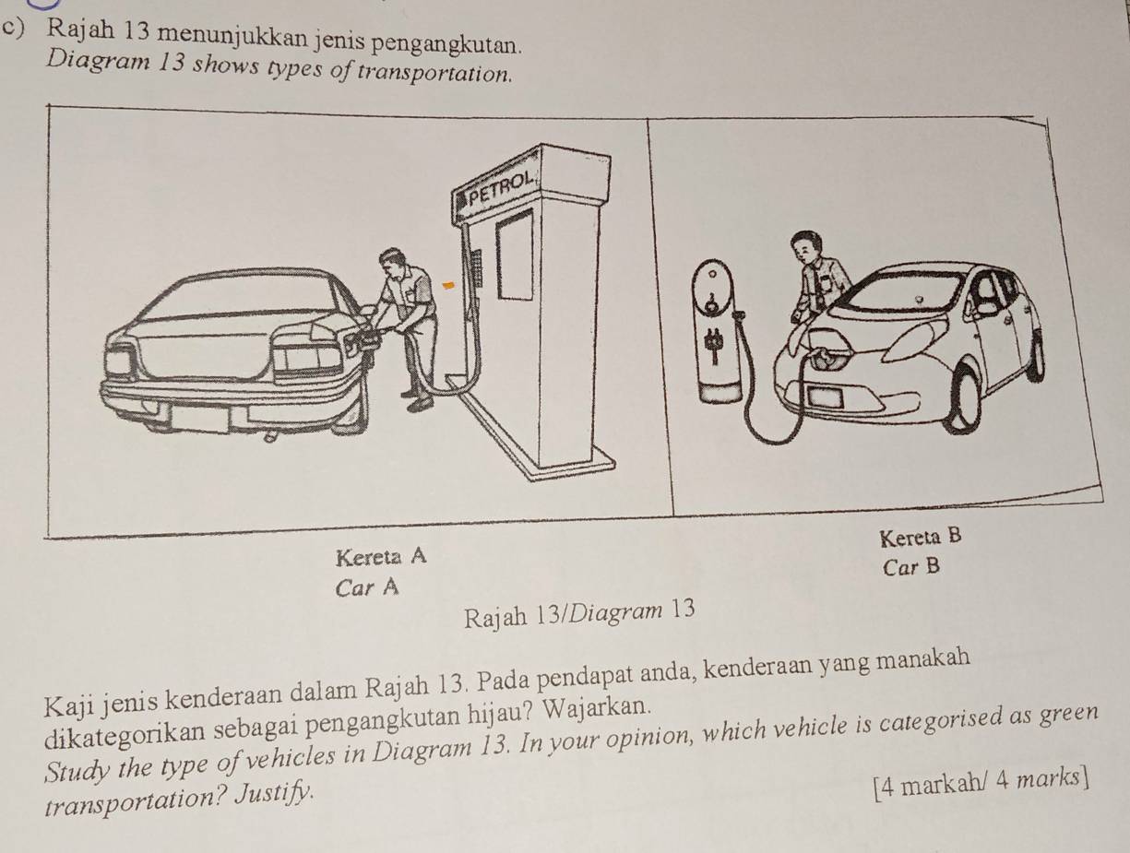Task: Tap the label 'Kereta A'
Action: pos(382,556)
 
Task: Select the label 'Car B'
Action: pos(910,568)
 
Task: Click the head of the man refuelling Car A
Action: pos(393,260)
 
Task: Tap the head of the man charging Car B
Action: pos(806,246)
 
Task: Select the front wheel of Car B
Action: pos(963,397)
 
